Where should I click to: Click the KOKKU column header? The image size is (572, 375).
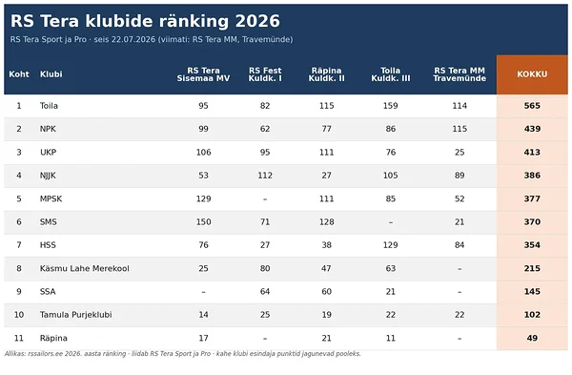pyautogui.click(x=532, y=74)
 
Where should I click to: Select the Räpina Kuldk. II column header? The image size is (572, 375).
pyautogui.click(x=326, y=74)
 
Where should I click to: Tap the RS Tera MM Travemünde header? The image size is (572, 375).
pyautogui.click(x=460, y=74)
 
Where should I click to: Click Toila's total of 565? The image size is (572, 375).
pyautogui.click(x=532, y=106)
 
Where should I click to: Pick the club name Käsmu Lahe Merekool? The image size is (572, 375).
pyautogui.click(x=84, y=268)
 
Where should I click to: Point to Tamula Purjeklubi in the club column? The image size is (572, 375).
pyautogui.click(x=76, y=315)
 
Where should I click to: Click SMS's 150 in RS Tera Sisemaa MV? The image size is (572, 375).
pyautogui.click(x=204, y=222)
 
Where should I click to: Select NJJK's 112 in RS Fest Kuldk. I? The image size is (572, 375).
pyautogui.click(x=265, y=176)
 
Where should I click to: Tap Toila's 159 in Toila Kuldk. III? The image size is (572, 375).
pyautogui.click(x=390, y=106)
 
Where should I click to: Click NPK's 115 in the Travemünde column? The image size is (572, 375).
pyautogui.click(x=460, y=129)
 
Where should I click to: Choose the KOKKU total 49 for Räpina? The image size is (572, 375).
pyautogui.click(x=532, y=338)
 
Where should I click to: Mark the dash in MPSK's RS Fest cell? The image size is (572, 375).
pyautogui.click(x=265, y=199)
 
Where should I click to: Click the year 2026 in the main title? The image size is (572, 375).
pyautogui.click(x=257, y=21)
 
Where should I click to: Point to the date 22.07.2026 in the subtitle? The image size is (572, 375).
pyautogui.click(x=133, y=39)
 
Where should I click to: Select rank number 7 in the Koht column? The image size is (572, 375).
pyautogui.click(x=19, y=245)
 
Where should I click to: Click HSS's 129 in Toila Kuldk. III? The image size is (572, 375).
pyautogui.click(x=390, y=245)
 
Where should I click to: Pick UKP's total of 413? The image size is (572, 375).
pyautogui.click(x=532, y=153)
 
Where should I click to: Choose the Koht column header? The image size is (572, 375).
pyautogui.click(x=19, y=74)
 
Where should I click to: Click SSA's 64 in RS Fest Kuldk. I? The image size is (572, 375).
pyautogui.click(x=265, y=291)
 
